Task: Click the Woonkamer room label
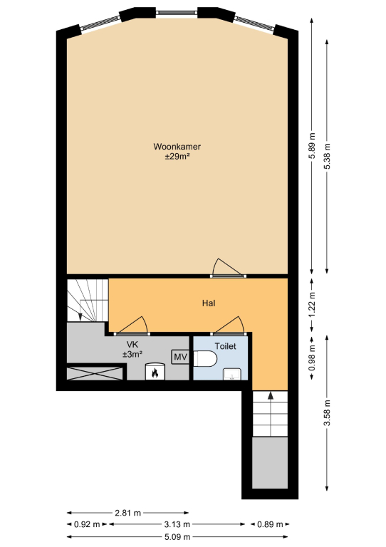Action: (x=177, y=147)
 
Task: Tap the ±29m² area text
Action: (x=177, y=156)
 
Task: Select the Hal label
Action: (x=209, y=303)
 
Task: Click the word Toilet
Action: (x=225, y=346)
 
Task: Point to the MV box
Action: (x=180, y=357)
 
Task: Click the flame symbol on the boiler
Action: (x=155, y=373)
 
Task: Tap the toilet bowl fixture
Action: (x=205, y=359)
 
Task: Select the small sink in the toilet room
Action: (x=232, y=374)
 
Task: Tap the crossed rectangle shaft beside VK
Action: (x=95, y=373)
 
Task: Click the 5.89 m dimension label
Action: (x=312, y=145)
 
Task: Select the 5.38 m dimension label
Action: (x=327, y=156)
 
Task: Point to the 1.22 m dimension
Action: (x=312, y=305)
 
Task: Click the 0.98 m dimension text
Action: (x=312, y=358)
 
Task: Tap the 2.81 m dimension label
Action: (x=127, y=513)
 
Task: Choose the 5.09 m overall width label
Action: (x=177, y=536)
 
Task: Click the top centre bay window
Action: (x=177, y=13)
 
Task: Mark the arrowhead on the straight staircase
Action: (x=270, y=395)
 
